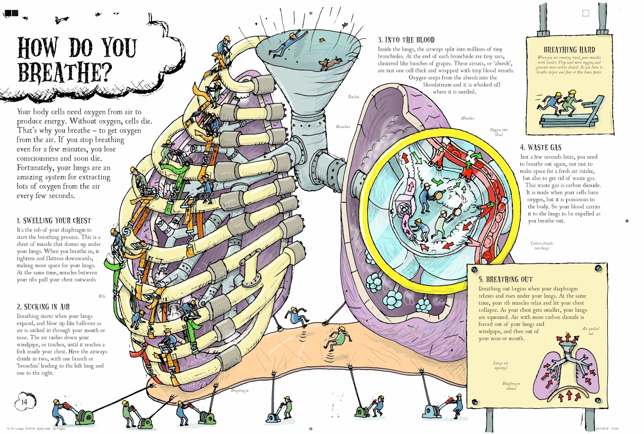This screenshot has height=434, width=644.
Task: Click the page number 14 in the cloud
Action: pos(24,401)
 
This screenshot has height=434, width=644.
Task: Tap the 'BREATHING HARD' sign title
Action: pos(569,50)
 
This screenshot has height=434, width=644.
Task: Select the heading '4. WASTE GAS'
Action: pos(540,148)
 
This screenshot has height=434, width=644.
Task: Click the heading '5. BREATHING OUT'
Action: pos(505,279)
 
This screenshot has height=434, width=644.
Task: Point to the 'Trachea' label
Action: pos(353,97)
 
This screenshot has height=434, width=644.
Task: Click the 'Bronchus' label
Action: pos(343,127)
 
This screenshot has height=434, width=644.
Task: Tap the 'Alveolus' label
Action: pos(467,118)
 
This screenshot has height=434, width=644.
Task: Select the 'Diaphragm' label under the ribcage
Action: pos(239,391)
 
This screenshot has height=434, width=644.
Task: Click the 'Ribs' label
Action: pos(102,296)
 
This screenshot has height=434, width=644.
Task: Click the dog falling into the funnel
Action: pos(330,63)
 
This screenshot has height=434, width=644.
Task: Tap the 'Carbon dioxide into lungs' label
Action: pos(541,246)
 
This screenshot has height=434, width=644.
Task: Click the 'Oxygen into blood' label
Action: pos(499,132)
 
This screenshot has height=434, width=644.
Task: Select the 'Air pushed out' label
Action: pos(590,331)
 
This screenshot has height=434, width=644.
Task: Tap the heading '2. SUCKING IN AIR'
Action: pos(43,307)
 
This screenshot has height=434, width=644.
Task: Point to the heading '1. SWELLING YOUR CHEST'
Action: pos(54,220)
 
